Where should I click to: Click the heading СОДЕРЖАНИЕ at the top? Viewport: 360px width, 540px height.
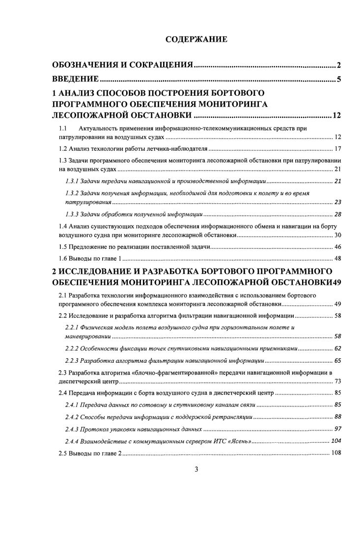[195, 40]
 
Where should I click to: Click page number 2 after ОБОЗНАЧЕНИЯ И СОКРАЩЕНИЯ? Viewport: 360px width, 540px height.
[339, 65]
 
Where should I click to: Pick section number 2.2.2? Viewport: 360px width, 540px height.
[73, 349]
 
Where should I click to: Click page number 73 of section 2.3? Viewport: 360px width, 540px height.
[337, 381]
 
